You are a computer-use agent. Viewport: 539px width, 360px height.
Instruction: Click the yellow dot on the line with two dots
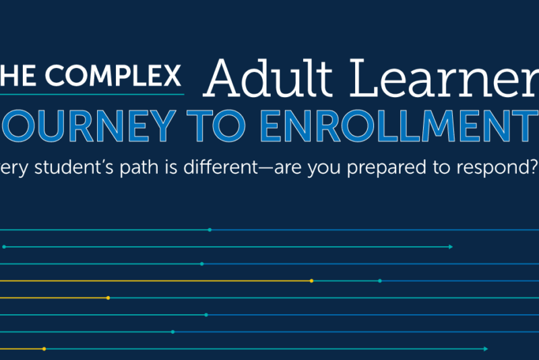coord(311,280)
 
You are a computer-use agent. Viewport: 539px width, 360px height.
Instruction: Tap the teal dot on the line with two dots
coord(380,280)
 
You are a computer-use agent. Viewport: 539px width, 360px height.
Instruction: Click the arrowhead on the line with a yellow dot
coord(485,349)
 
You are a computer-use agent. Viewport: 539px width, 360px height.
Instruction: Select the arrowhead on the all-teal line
coord(450,247)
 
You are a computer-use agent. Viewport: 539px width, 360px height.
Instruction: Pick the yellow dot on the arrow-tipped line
coord(44,349)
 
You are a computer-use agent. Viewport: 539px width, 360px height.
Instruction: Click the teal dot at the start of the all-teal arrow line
coord(4,247)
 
